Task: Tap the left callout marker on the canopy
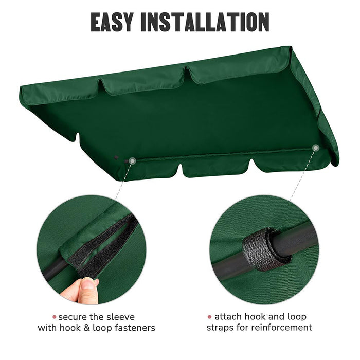pos(132,161)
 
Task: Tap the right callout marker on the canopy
pos(315,148)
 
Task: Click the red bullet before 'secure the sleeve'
pos(53,317)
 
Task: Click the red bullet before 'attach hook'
pos(209,317)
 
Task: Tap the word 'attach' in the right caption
pos(228,317)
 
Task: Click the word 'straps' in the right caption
pos(220,328)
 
